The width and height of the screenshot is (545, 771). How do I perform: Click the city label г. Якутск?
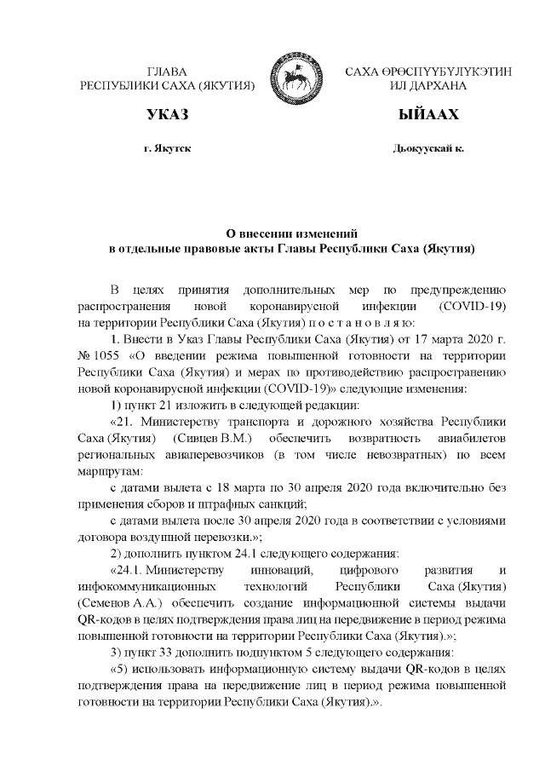click(167, 148)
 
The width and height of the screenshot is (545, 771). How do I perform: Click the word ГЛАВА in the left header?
click(166, 72)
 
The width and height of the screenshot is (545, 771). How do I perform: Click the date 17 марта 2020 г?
click(438, 339)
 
